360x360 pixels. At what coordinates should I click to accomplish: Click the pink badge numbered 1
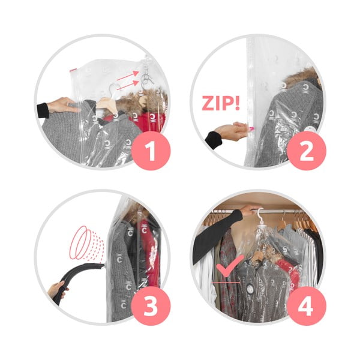(151, 151)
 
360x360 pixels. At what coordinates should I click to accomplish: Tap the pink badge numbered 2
(306, 151)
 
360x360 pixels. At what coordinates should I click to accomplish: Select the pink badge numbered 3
(151, 306)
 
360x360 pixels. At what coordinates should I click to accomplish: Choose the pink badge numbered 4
(306, 306)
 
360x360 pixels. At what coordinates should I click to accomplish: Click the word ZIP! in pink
(221, 104)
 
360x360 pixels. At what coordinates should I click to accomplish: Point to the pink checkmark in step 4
(230, 266)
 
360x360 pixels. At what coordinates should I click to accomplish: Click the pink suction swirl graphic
(87, 243)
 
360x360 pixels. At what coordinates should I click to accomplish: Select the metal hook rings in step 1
(146, 74)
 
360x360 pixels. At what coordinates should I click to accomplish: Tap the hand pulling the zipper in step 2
(232, 130)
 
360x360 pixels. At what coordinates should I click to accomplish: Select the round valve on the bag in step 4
(250, 289)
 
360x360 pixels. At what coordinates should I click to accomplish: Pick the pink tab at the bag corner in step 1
(73, 70)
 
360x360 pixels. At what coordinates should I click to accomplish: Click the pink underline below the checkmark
(226, 283)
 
